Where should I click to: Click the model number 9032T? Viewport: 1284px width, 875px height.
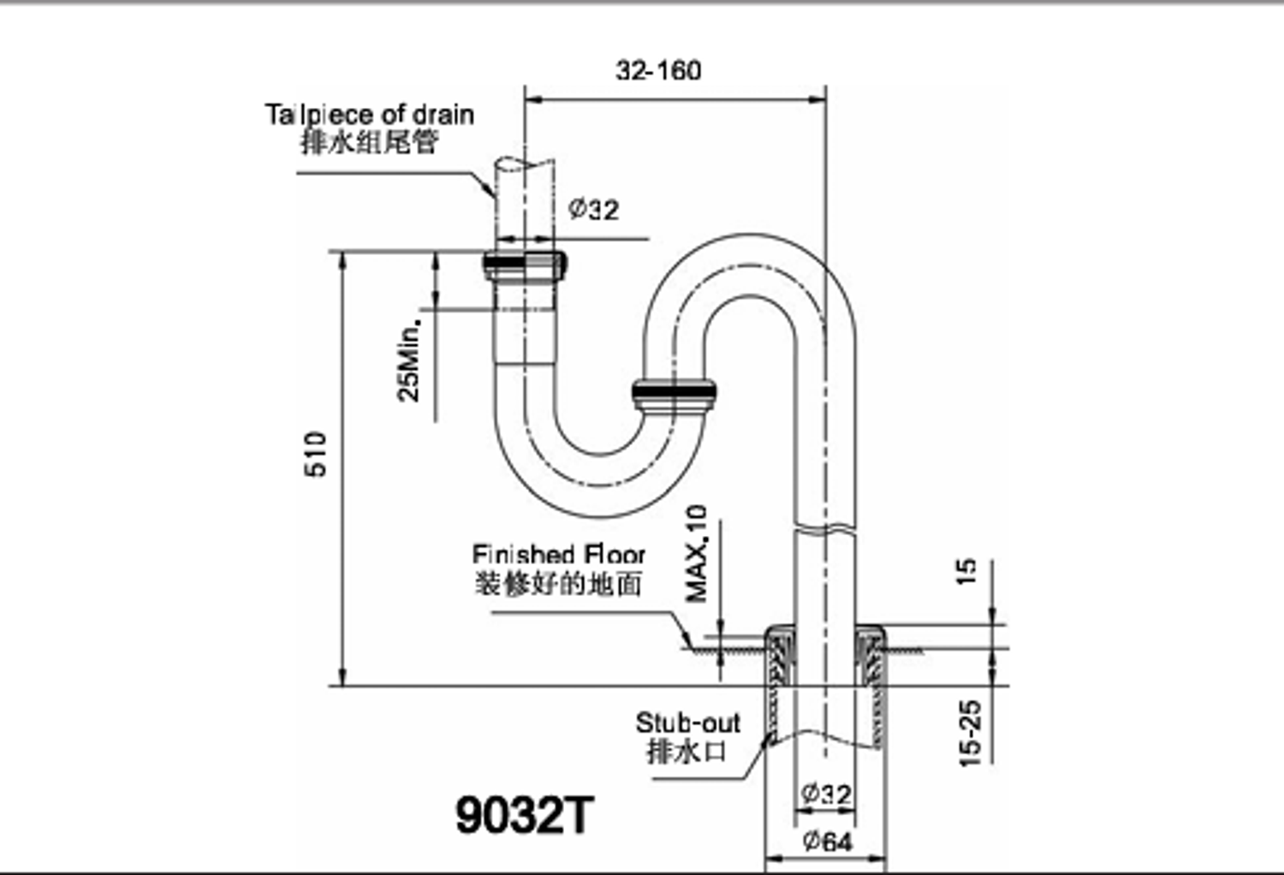coord(525,815)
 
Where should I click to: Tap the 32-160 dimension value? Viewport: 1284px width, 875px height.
coord(658,70)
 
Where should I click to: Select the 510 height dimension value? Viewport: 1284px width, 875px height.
coord(315,454)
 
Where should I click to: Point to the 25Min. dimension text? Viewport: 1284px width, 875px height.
coord(408,361)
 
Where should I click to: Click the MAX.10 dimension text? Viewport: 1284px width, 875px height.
coord(697,554)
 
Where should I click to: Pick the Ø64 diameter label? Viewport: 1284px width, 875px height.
coord(828,842)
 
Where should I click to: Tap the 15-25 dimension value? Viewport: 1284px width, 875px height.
coord(971,734)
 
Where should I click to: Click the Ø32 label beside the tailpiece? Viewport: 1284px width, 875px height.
coord(594,209)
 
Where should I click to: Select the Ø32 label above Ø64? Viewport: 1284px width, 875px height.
coord(827,795)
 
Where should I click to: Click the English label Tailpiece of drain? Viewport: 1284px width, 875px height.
coord(370,115)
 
